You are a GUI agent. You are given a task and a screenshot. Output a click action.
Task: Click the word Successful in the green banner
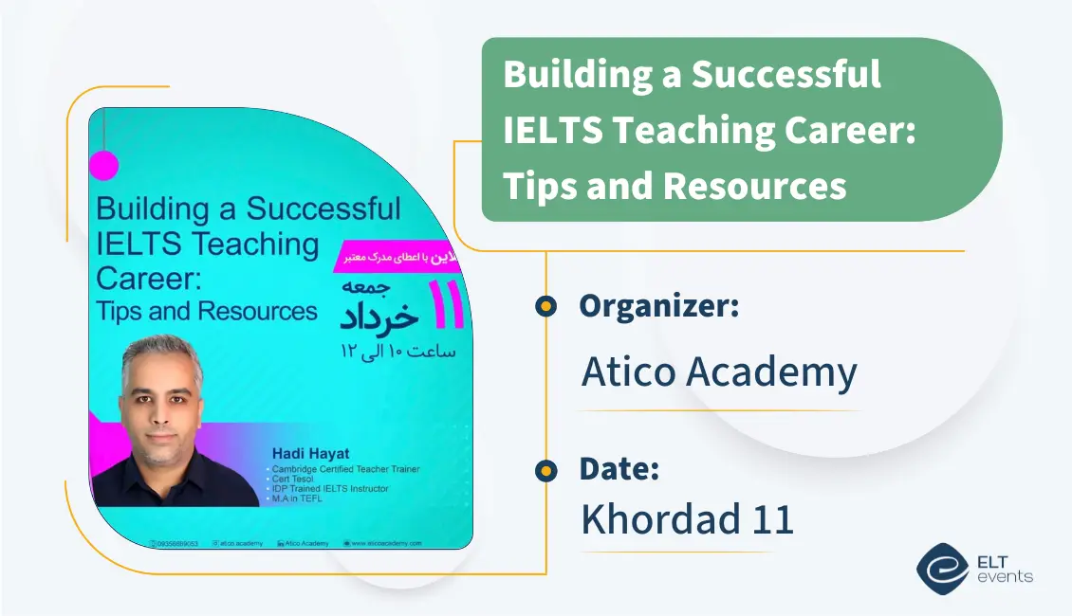point(786,74)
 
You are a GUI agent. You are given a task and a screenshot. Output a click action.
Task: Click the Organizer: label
point(658,305)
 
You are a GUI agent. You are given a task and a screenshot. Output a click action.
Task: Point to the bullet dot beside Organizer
point(545,305)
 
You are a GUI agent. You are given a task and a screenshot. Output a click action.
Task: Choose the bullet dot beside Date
point(545,469)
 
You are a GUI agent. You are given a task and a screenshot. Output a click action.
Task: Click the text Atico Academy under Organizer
point(718,372)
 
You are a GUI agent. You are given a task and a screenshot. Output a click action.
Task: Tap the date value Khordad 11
point(687,519)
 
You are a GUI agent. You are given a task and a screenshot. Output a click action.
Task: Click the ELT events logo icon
point(942,567)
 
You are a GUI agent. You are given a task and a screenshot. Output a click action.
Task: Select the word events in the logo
point(1008,577)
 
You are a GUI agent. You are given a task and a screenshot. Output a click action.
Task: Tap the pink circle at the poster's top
point(103,166)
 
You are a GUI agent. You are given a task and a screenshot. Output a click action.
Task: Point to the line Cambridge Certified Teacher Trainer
point(346,469)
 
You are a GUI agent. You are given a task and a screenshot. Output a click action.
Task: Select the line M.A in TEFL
point(297,498)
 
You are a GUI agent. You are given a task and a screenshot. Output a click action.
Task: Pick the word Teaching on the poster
point(256,245)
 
